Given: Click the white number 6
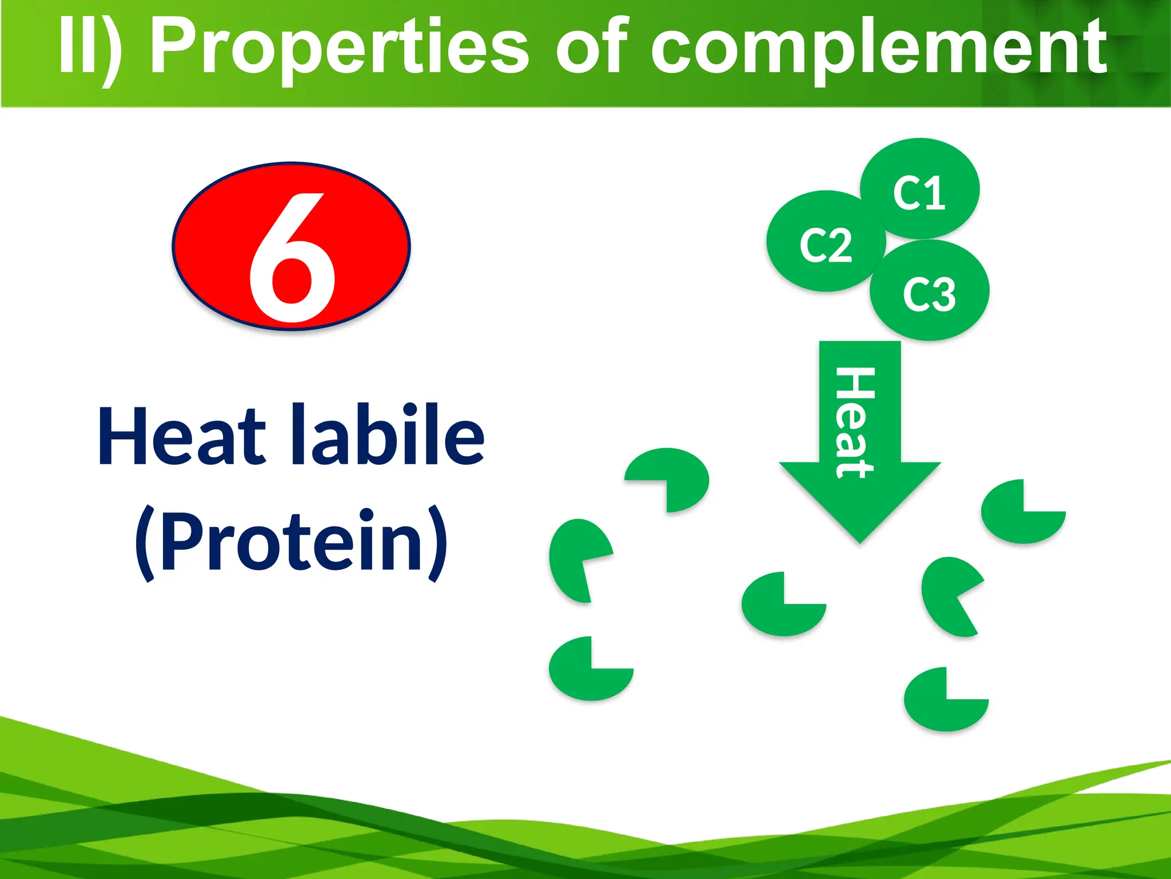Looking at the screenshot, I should tap(292, 258).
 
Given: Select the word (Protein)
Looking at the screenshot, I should tap(292, 541).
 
